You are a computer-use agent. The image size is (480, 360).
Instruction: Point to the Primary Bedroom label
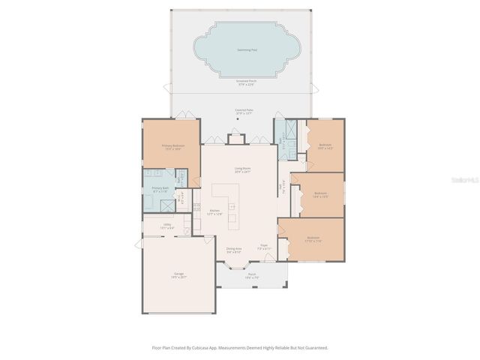pyautogui.click(x=173, y=148)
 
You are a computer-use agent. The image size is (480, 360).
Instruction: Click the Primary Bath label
pyautogui.click(x=160, y=190)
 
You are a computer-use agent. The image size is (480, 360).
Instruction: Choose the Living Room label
pyautogui.click(x=241, y=169)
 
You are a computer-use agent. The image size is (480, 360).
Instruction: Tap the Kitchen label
pyautogui.click(x=215, y=213)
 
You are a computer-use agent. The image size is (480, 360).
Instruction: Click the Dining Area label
pyautogui.click(x=234, y=250)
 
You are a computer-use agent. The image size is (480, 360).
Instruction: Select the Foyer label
pyautogui.click(x=264, y=246)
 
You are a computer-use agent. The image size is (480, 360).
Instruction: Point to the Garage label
pyautogui.click(x=179, y=275)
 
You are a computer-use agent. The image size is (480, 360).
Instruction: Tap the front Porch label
pyautogui.click(x=252, y=275)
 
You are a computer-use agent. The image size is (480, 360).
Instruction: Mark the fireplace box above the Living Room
pyautogui.click(x=237, y=139)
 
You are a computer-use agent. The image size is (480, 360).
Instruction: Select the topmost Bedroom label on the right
pyautogui.click(x=325, y=146)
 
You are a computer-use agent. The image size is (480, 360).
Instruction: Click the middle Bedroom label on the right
pyautogui.click(x=320, y=195)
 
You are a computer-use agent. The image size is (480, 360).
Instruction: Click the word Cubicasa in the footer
pyautogui.click(x=206, y=348)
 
